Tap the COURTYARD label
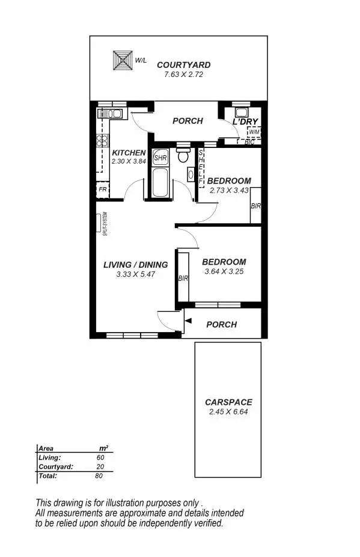[183, 65]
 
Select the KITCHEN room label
[129, 153]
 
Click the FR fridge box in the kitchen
[103, 189]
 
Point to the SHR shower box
[160, 158]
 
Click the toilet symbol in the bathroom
[183, 156]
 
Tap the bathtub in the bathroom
[160, 183]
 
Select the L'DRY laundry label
[245, 122]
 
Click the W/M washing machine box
[254, 132]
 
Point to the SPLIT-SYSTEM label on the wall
[105, 224]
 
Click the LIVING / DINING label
[135, 265]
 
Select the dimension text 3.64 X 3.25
[224, 271]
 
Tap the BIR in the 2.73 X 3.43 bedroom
[255, 206]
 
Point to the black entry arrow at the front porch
[189, 324]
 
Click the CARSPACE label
[228, 402]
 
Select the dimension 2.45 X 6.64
[228, 412]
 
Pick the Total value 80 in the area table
[99, 476]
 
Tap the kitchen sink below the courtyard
[111, 113]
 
